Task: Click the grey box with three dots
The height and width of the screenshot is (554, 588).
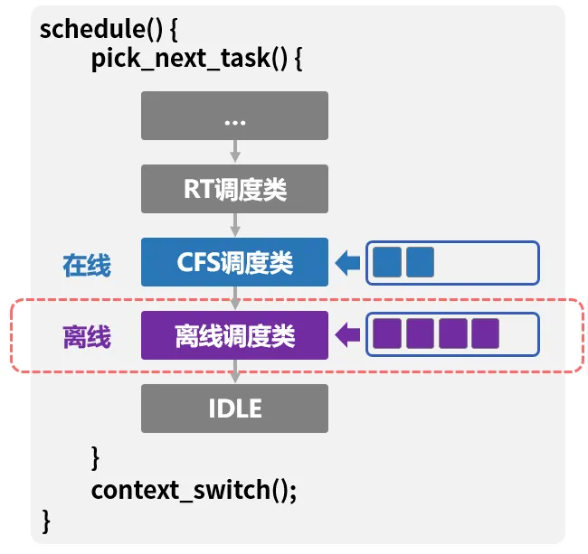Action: (234, 115)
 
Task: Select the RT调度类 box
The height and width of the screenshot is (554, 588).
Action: (234, 189)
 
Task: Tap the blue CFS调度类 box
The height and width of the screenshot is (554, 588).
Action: (234, 262)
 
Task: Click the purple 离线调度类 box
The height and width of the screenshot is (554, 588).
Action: (234, 336)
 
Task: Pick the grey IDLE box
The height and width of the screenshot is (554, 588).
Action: (234, 408)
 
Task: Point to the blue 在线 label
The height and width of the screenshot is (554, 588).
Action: (87, 265)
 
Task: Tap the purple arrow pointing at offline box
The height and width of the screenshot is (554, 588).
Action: (347, 336)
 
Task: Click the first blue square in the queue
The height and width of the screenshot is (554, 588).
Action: (387, 262)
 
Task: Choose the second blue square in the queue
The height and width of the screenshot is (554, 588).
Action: (420, 262)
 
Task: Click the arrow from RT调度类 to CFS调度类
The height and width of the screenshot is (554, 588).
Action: (235, 225)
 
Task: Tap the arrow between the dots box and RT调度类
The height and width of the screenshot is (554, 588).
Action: (235, 152)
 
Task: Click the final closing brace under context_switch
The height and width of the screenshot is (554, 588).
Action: (46, 521)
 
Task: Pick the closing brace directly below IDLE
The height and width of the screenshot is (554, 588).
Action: (96, 456)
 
